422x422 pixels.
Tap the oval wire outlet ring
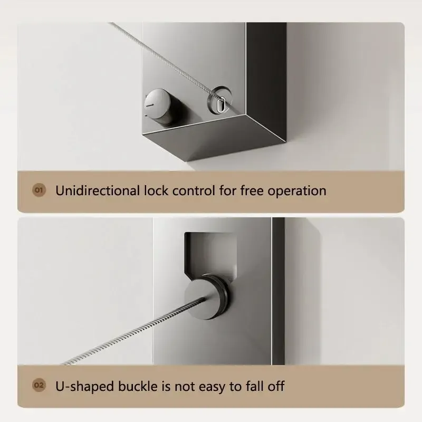click(219, 100)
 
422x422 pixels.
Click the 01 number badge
click(39, 190)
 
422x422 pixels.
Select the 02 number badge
click(39, 385)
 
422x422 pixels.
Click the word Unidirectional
click(98, 190)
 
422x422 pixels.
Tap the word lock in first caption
click(156, 190)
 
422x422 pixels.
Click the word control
click(194, 190)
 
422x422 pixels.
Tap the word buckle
click(138, 386)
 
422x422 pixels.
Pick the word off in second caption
click(276, 386)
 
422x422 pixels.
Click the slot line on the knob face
click(149, 104)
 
